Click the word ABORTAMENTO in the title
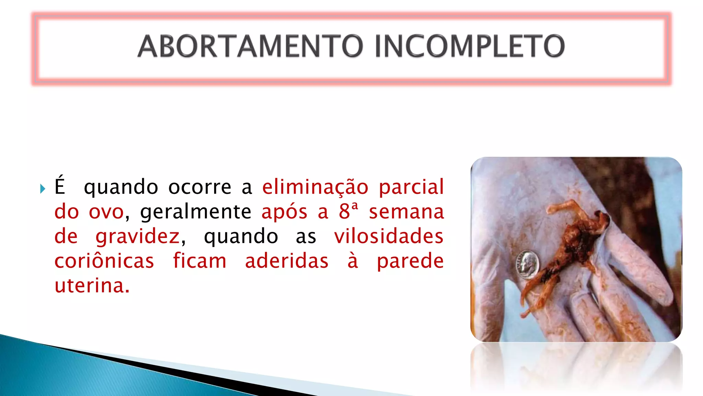(250, 46)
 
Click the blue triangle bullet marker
(43, 188)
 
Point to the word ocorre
(200, 187)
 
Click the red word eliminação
(315, 187)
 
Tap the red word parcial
(411, 187)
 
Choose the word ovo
(106, 212)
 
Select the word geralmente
(196, 212)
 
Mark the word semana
(406, 212)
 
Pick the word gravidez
(138, 237)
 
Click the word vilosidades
(389, 236)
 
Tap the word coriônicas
(104, 261)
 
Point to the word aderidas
(287, 261)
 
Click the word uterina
(92, 286)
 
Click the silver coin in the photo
(528, 264)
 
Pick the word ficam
(199, 261)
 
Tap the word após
(284, 212)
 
